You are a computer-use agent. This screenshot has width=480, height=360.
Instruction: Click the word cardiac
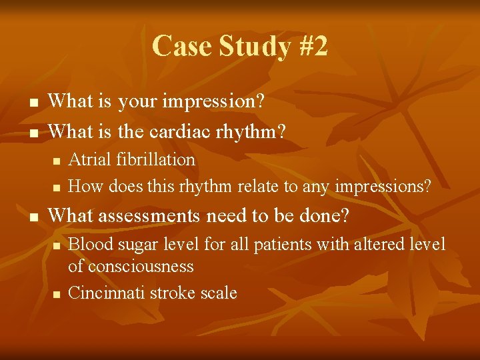(180, 131)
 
